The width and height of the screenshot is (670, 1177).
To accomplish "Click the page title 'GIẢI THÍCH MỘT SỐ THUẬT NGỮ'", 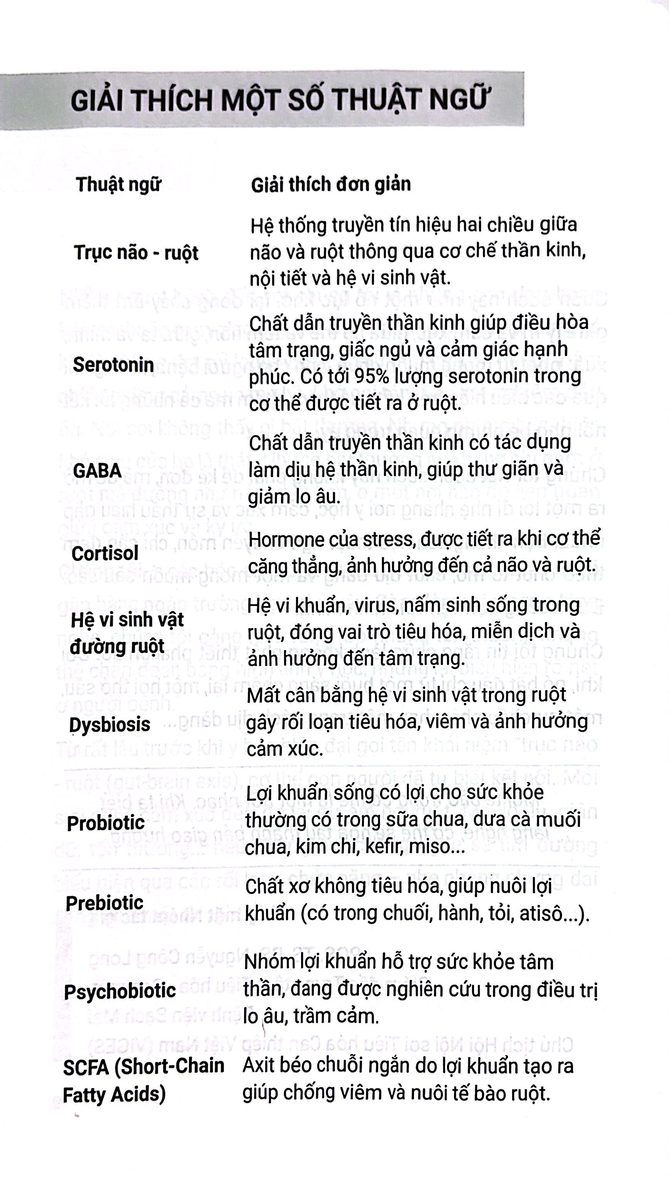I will pyautogui.click(x=278, y=100).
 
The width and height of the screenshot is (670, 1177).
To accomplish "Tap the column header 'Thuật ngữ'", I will pyautogui.click(x=119, y=184).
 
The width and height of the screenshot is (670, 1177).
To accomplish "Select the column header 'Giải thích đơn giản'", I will pyautogui.click(x=330, y=184).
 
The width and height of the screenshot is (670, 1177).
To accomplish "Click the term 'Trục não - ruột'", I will pyautogui.click(x=136, y=253).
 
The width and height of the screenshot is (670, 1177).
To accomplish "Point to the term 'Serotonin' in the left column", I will pyautogui.click(x=113, y=364).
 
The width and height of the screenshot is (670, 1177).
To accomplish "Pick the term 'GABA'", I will pyautogui.click(x=97, y=471).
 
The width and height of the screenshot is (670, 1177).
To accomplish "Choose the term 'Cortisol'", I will pyautogui.click(x=105, y=553).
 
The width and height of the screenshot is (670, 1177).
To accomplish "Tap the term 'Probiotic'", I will pyautogui.click(x=106, y=823).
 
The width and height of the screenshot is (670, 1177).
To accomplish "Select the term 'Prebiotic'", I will pyautogui.click(x=105, y=903).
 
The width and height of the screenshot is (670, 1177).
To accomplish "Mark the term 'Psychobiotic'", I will pyautogui.click(x=120, y=991).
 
